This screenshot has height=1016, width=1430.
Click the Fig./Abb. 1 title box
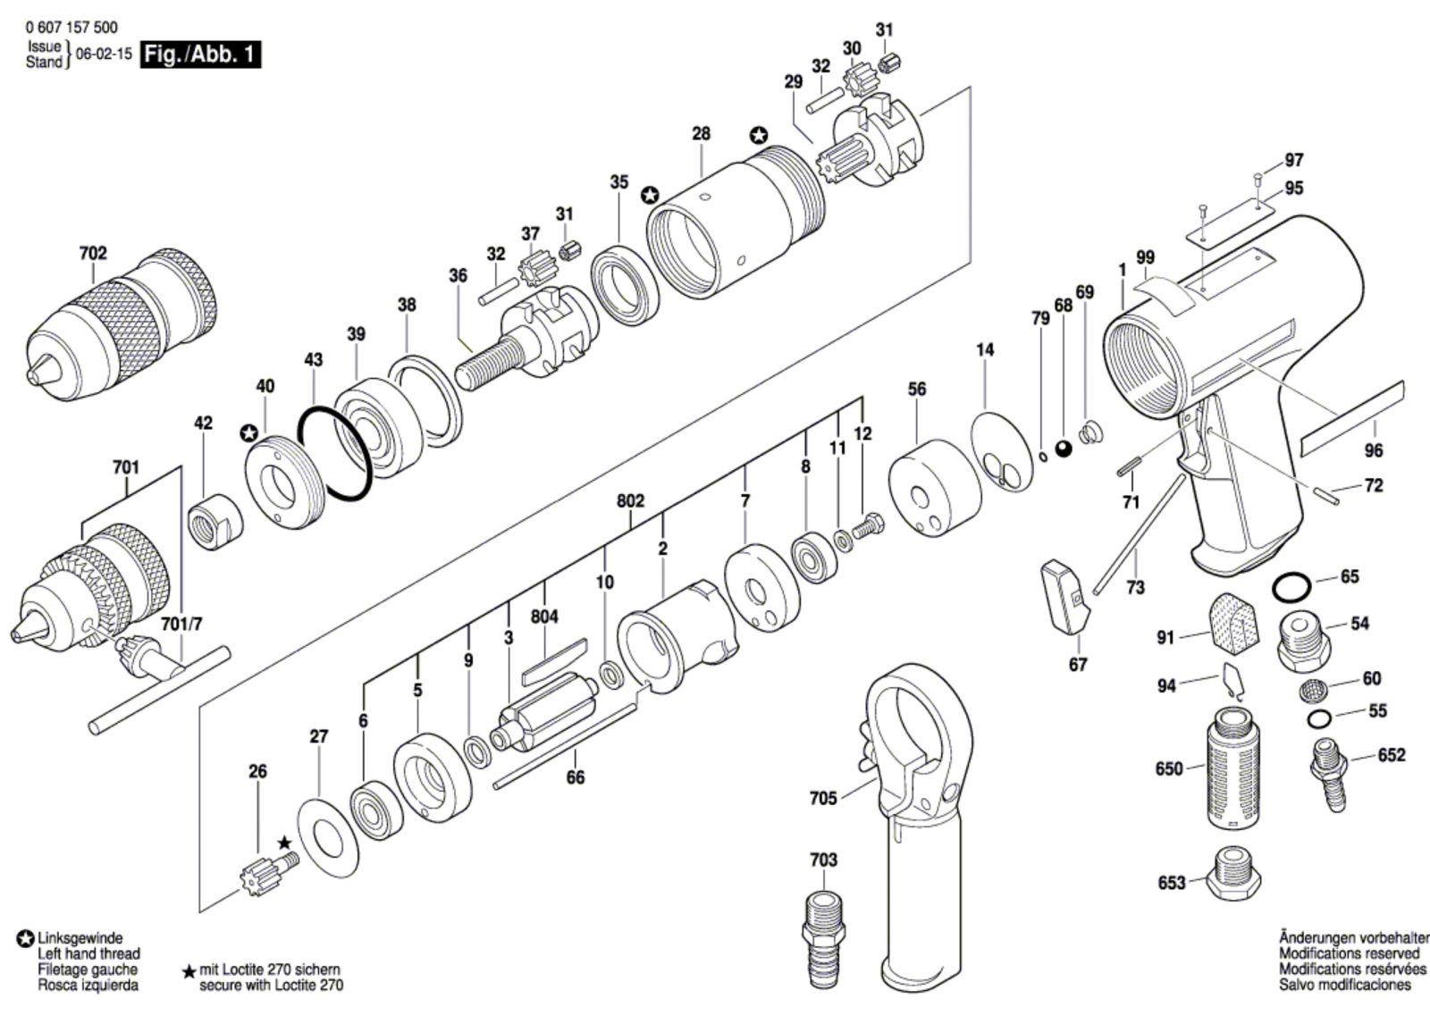pos(200,55)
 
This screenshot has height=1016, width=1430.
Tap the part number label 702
pos(93,254)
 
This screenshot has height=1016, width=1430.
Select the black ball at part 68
pos(1063,449)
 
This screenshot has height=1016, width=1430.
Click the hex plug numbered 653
pos(1233,874)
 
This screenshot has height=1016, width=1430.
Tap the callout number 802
pos(630,501)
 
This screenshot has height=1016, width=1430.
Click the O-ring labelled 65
pos(1291,587)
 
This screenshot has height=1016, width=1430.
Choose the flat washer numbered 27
pos(329,837)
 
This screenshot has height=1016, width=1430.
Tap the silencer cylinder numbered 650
pos(1232,768)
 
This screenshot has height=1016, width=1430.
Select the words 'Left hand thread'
pos(88,953)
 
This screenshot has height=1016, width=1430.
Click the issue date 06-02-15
pos(104,54)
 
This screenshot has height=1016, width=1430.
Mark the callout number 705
pos(823,798)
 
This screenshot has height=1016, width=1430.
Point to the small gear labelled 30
pos(860,78)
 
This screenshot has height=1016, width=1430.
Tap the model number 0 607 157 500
pos(71,28)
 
